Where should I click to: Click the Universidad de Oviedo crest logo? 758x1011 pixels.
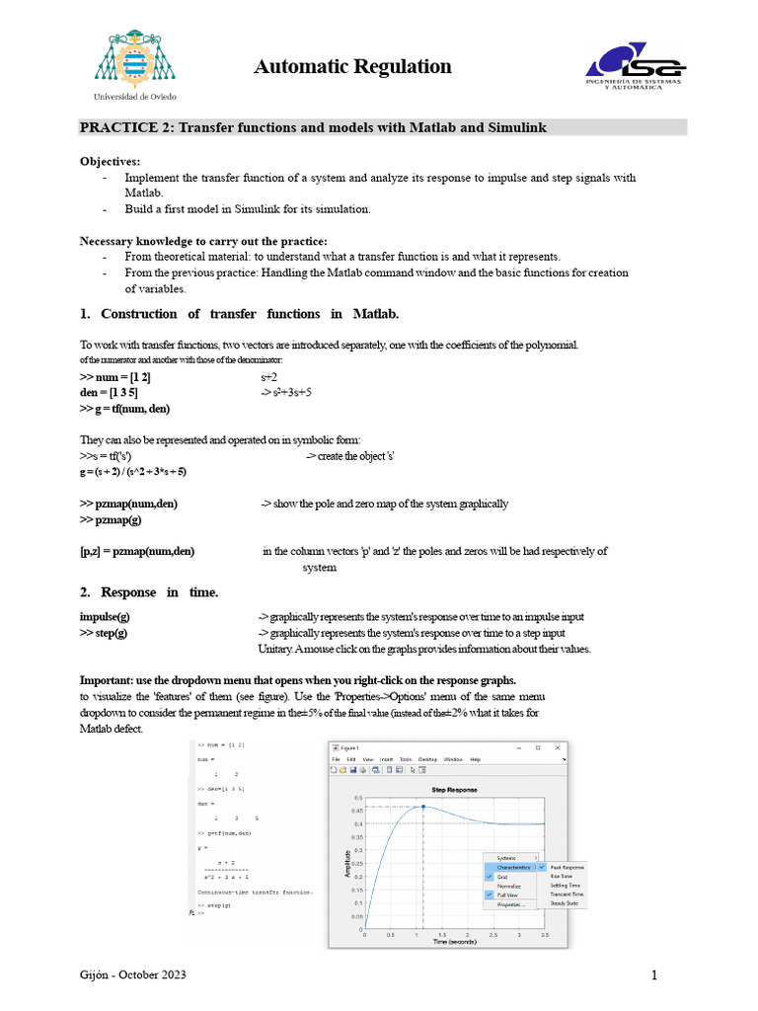(x=136, y=60)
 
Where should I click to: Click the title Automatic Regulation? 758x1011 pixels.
(x=352, y=67)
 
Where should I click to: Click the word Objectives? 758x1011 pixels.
(x=110, y=161)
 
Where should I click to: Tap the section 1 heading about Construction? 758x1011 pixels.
(x=239, y=314)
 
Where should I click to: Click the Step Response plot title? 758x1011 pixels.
(x=455, y=790)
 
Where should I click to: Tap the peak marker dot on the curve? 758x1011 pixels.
(x=424, y=807)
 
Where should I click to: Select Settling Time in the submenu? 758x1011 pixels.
(x=566, y=886)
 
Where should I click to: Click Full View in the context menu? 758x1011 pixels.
(x=510, y=894)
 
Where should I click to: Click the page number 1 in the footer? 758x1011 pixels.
(x=653, y=976)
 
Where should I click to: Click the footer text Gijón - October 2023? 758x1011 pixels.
(x=132, y=975)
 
